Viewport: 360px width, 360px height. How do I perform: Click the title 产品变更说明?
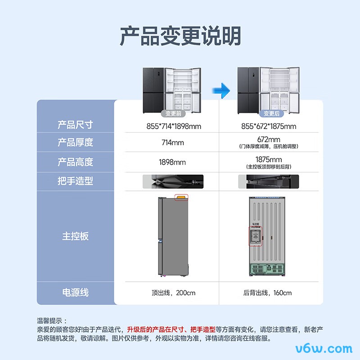[180, 36]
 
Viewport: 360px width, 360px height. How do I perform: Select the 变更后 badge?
[271, 114]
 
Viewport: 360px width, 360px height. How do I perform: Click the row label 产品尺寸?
[75, 125]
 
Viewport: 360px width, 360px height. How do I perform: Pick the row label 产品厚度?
[75, 143]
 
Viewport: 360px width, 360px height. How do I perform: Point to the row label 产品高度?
[75, 162]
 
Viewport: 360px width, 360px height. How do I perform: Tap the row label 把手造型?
[75, 181]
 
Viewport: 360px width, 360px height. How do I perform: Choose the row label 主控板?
[75, 236]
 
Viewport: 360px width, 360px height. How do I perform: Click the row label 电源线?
[75, 292]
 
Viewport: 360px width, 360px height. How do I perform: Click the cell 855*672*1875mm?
[269, 126]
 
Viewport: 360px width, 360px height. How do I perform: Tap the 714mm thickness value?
[172, 143]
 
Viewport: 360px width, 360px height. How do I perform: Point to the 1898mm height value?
[172, 162]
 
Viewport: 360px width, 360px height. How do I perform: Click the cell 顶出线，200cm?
[173, 293]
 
